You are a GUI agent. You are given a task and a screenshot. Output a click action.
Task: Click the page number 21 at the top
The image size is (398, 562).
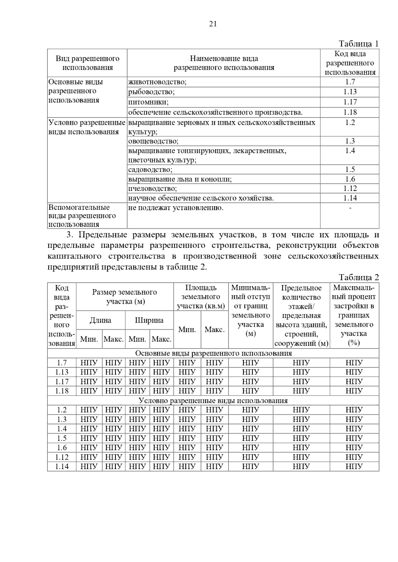pos(213,24)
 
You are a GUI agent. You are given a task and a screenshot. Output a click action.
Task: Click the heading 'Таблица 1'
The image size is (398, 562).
pos(358,44)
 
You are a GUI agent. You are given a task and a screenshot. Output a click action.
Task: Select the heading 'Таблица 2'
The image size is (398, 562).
pos(358,277)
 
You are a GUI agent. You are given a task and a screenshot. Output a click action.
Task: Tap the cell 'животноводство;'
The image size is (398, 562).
pos(157,82)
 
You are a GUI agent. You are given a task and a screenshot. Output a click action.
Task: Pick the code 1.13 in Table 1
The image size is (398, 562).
pos(350,92)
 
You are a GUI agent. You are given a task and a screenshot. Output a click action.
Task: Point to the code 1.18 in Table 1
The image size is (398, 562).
pos(350,112)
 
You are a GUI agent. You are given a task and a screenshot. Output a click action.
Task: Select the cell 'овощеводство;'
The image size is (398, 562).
pos(153,141)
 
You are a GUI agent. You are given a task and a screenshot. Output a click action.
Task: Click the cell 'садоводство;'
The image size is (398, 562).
pos(150,170)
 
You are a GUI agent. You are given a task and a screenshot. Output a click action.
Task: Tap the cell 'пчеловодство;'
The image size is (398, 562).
pos(153,189)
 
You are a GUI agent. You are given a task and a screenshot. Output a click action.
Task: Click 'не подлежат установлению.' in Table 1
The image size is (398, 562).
pos(176,208)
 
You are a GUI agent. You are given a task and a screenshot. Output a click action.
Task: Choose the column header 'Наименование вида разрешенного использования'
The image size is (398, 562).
pos(224,63)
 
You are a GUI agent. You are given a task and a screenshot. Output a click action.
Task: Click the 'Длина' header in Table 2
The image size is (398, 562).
pos(100,320)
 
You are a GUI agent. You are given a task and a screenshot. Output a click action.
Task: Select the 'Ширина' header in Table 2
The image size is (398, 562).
pos(149,320)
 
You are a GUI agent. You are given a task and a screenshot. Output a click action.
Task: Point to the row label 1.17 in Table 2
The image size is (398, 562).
pos(62,382)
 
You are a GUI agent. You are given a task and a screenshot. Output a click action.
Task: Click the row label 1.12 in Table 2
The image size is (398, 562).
pos(62,457)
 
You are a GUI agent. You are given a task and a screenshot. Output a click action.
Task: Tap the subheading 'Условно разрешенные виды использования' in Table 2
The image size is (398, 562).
pos(213,400)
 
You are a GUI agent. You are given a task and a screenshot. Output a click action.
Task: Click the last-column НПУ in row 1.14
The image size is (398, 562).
pos(354,467)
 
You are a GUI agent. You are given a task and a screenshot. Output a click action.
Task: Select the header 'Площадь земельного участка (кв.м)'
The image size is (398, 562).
pos(201,297)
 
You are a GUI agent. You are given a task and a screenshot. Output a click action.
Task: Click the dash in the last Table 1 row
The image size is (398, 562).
pos(350,208)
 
